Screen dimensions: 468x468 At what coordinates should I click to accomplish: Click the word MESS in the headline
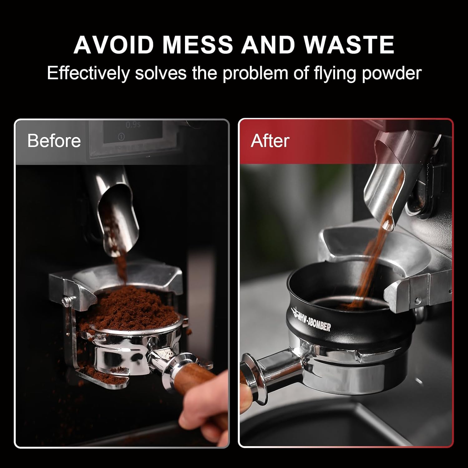point(197,45)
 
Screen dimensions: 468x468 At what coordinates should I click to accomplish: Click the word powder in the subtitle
point(392,73)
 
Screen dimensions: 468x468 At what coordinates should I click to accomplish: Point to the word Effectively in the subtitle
point(88,73)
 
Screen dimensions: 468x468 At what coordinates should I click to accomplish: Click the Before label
point(54,141)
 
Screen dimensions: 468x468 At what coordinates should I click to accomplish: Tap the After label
point(270,141)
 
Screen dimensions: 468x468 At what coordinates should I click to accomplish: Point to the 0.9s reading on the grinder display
point(133,125)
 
